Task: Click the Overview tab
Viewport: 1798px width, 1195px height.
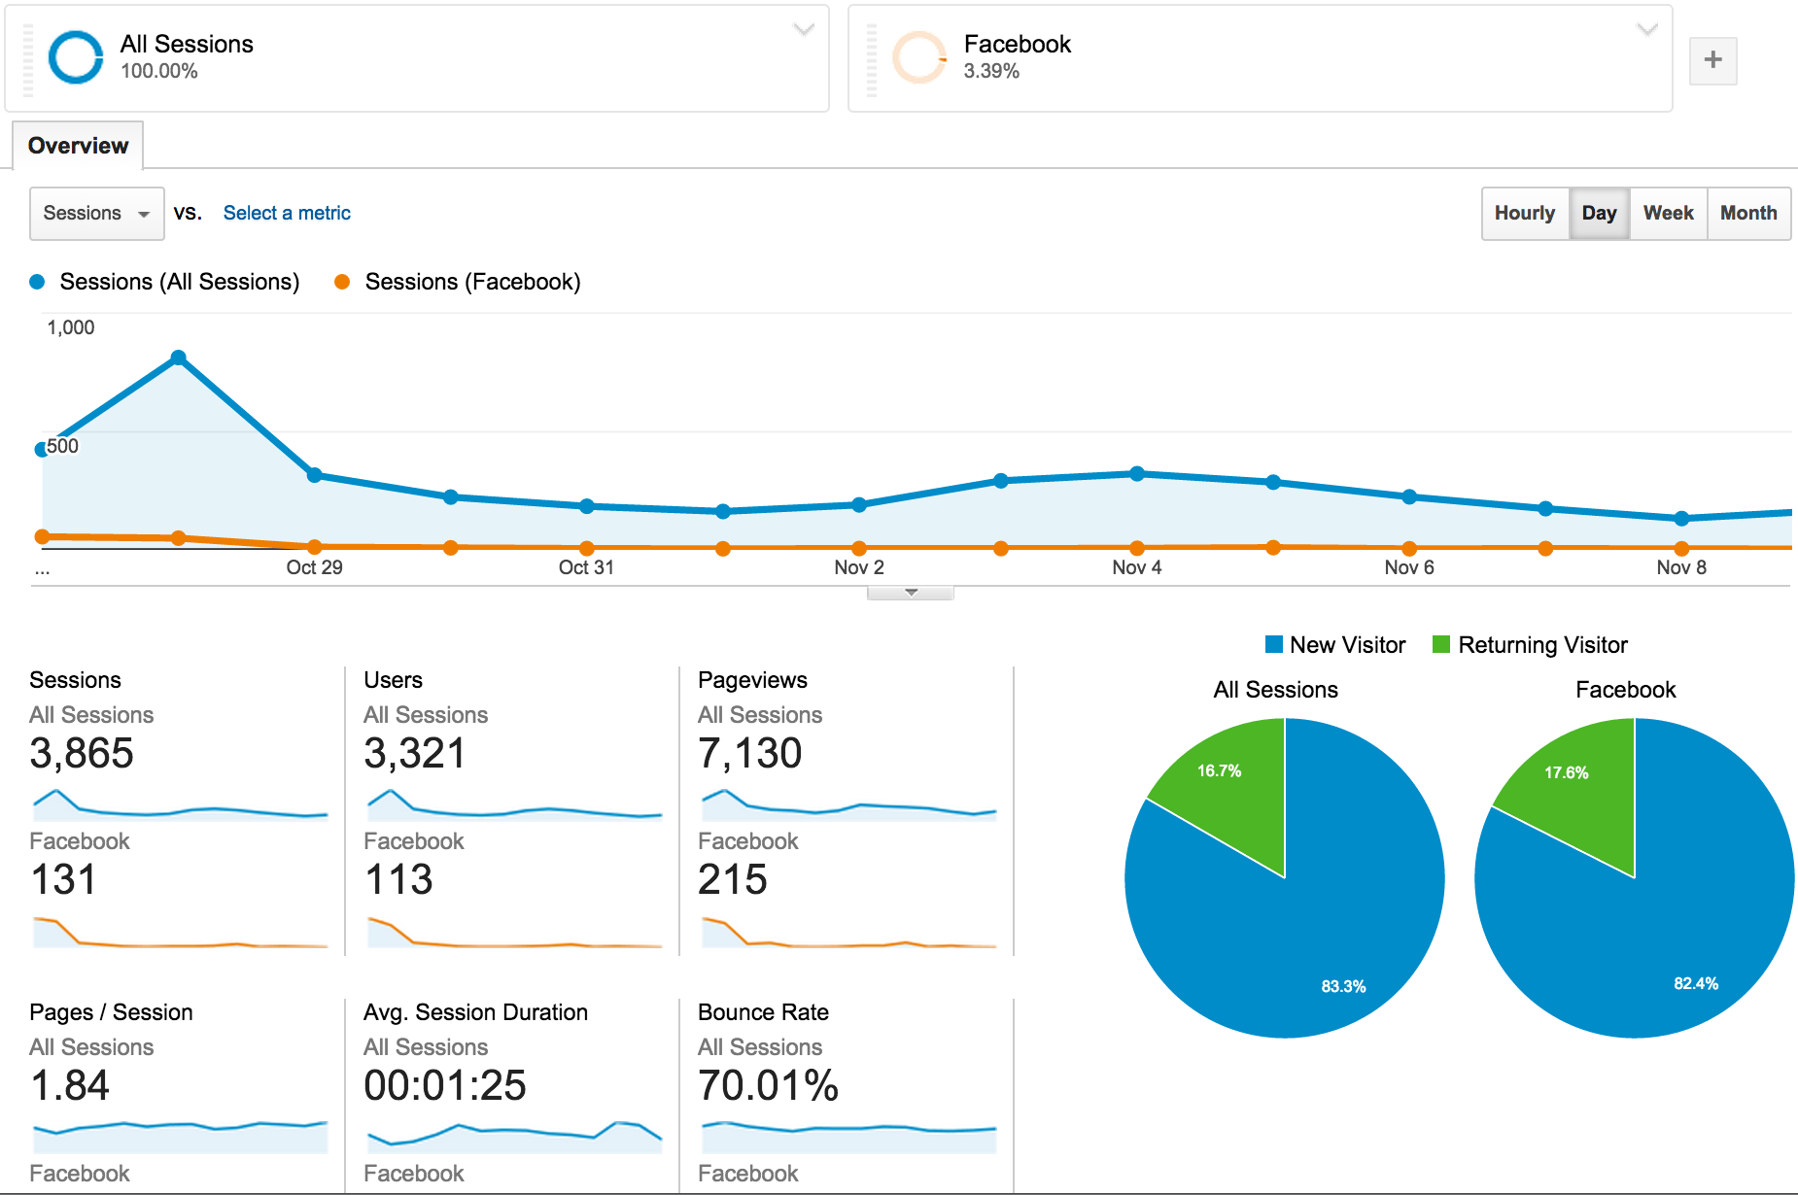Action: pos(78,146)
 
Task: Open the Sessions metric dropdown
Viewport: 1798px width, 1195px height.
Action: pos(96,213)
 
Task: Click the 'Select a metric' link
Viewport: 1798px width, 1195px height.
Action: pos(287,213)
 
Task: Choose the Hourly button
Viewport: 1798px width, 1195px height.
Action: pos(1524,213)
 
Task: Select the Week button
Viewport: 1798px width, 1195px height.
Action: pos(1668,213)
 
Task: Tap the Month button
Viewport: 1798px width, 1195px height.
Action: pos(1747,213)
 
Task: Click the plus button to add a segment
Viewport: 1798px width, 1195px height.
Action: pos(1712,60)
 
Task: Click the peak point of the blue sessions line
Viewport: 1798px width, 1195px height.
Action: pos(178,358)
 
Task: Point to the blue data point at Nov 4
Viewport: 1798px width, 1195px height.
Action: pos(1137,474)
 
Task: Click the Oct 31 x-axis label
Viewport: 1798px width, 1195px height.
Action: pos(586,567)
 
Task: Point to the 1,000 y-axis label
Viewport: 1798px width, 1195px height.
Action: pos(71,327)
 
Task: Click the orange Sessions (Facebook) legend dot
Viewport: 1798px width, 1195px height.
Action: pos(342,282)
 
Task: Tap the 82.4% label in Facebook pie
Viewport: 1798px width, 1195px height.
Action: pos(1695,983)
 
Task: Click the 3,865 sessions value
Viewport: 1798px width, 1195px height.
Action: pos(82,754)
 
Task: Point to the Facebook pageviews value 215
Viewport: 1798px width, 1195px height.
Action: pos(733,880)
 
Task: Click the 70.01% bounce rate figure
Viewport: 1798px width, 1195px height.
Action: pos(768,1086)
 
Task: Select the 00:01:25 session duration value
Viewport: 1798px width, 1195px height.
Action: pos(445,1086)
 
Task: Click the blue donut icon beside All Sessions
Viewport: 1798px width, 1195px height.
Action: pos(76,57)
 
